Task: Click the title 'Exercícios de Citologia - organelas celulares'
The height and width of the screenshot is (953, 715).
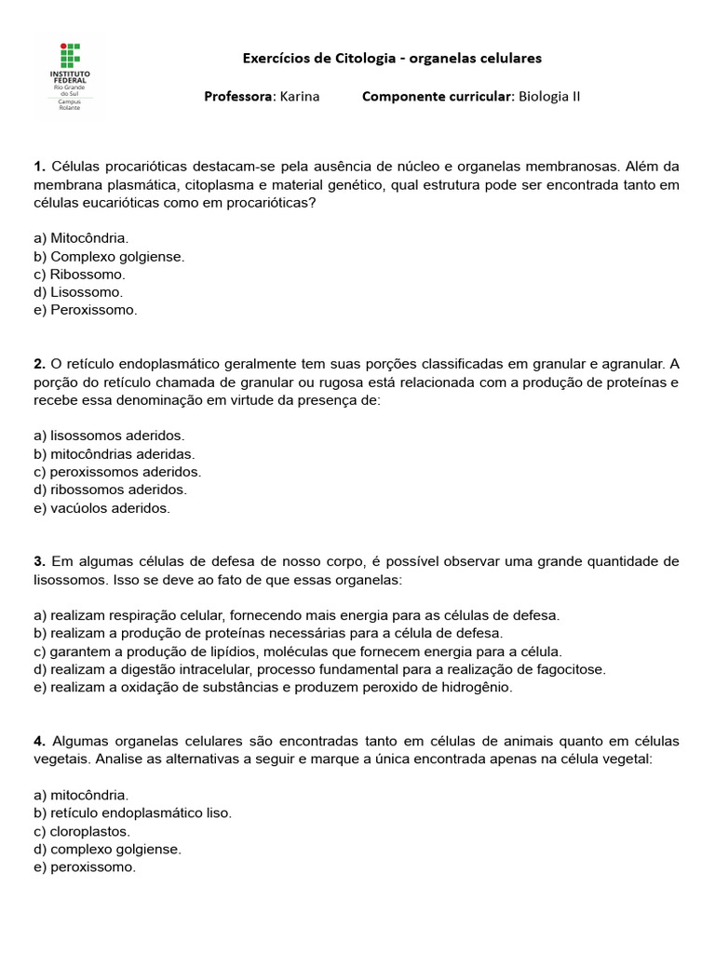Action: [392, 58]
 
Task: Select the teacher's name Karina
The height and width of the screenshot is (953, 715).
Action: [299, 96]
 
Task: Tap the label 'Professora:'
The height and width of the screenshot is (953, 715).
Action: [238, 96]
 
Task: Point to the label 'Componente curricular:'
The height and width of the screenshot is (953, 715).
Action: [438, 96]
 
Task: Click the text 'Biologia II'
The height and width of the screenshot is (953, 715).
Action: [549, 96]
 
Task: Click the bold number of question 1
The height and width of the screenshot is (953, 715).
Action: [39, 167]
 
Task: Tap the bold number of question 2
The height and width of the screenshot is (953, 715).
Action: [39, 363]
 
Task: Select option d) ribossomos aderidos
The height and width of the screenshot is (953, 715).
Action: [110, 490]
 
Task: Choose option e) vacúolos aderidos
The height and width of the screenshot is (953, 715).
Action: [101, 508]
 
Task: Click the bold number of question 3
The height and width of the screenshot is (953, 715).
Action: [39, 561]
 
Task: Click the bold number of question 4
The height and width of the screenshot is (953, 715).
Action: [39, 741]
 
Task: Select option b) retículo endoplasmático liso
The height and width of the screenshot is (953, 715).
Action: [132, 812]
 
